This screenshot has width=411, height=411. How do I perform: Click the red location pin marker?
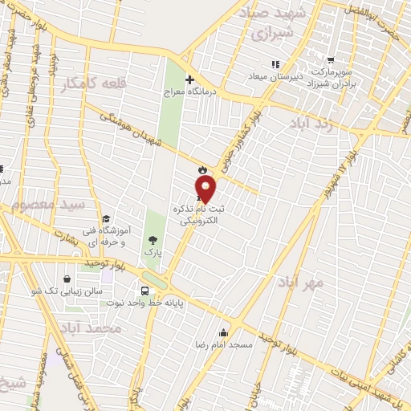[x=206, y=189]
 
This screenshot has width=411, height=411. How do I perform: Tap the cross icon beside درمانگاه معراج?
[x=190, y=79]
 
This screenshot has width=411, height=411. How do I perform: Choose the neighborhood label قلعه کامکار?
[x=91, y=84]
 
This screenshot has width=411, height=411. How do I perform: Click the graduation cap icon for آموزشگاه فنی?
[x=105, y=218]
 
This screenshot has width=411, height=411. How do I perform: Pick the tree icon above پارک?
[x=153, y=239]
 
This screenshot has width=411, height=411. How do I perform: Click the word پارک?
[x=153, y=252]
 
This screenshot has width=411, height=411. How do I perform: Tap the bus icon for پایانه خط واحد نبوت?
[x=144, y=290]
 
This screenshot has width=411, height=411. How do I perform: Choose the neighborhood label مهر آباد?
[x=301, y=283]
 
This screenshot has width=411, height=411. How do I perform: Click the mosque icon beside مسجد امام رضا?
[x=222, y=332]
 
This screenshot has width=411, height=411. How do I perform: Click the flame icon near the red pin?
[x=201, y=169]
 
